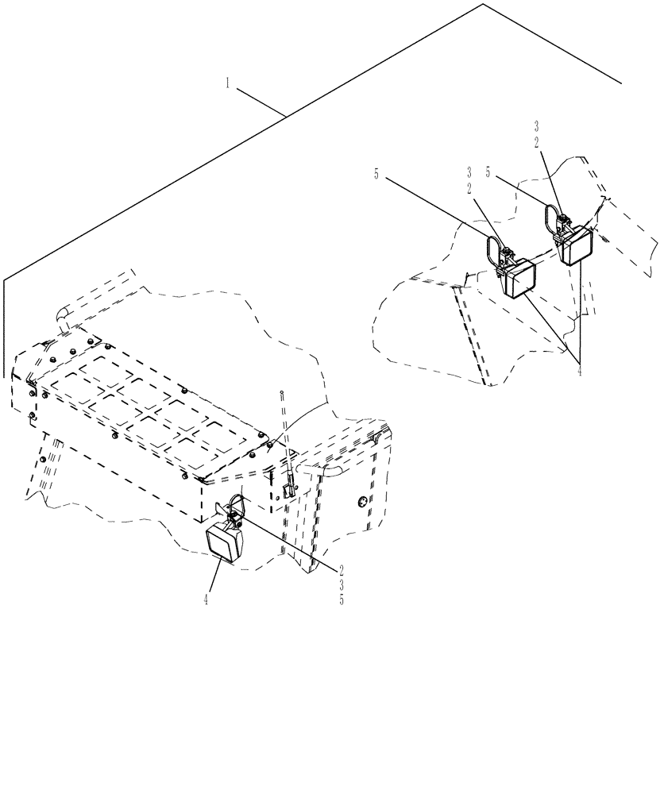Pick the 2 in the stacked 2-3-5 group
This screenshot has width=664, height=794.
click(342, 569)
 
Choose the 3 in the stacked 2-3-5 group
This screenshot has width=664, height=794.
click(342, 584)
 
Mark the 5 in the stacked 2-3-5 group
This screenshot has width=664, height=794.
click(342, 600)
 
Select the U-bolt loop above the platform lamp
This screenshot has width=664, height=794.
click(236, 503)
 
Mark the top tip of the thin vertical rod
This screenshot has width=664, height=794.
click(282, 392)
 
